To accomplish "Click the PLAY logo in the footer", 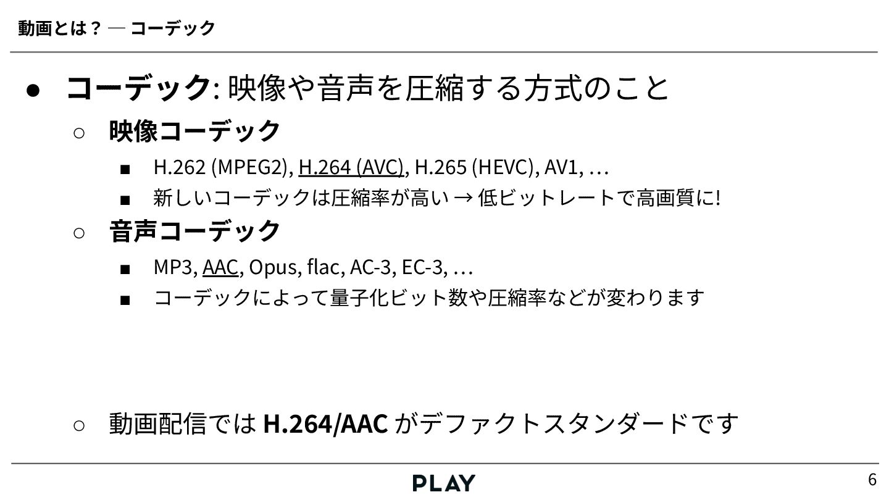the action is tap(444, 483).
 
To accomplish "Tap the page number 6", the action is tap(872, 479).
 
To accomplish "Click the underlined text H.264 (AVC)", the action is tap(351, 167).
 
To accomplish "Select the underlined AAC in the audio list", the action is tap(220, 267).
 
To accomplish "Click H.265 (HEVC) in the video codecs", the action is tap(474, 167).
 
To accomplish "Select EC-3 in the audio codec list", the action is tap(422, 267).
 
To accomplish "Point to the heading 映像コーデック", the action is tap(195, 130).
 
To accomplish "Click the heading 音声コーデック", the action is tap(195, 231).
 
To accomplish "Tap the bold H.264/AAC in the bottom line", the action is tap(325, 423).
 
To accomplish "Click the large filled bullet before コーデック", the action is tap(33, 89).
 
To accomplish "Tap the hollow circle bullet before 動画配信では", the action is tap(78, 425).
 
